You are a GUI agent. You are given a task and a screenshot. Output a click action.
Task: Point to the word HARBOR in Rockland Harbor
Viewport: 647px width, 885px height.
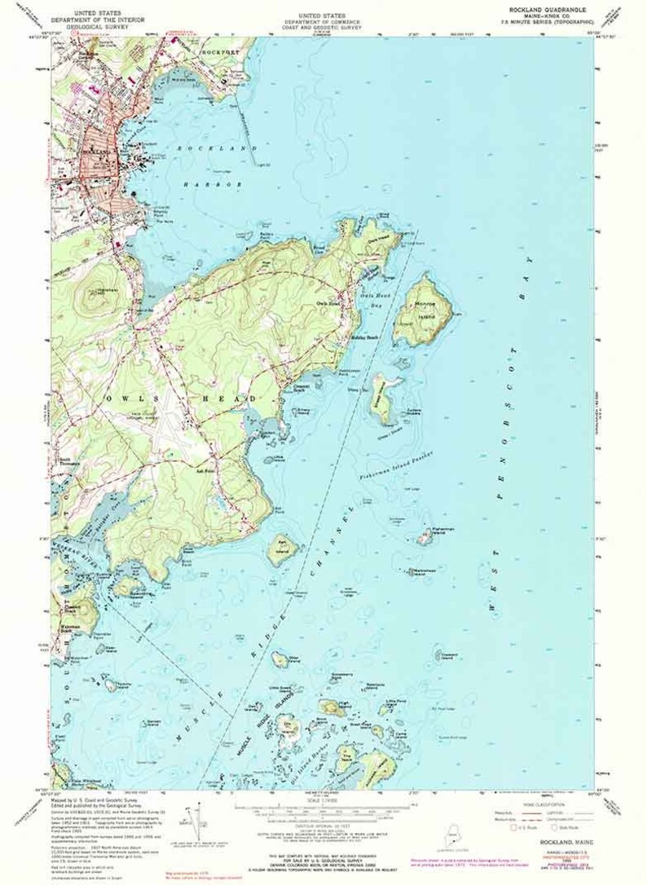[x=218, y=185]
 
